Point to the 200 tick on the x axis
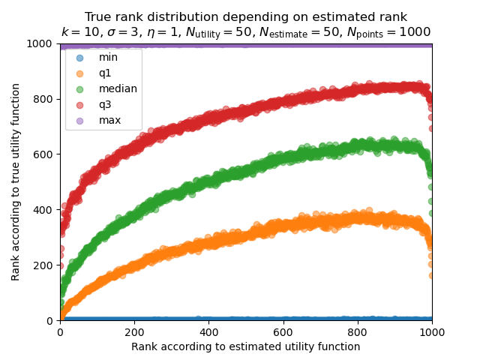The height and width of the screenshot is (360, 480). [134, 331]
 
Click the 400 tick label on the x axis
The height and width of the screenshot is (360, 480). [208, 331]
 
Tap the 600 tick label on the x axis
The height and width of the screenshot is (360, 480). [283, 331]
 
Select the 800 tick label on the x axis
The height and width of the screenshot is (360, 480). [358, 331]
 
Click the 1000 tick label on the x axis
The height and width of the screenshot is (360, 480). [432, 331]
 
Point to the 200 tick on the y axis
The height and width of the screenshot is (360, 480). [46, 265]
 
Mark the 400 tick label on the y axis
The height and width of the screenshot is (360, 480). [46, 210]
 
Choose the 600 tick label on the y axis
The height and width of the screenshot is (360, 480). [46, 154]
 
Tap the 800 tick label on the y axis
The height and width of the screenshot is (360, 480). [46, 99]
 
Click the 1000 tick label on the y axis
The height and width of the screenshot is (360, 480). [43, 43]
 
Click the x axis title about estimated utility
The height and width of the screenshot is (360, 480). [246, 346]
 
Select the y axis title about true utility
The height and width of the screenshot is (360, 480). [16, 182]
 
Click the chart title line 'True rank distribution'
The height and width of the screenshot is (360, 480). [246, 16]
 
